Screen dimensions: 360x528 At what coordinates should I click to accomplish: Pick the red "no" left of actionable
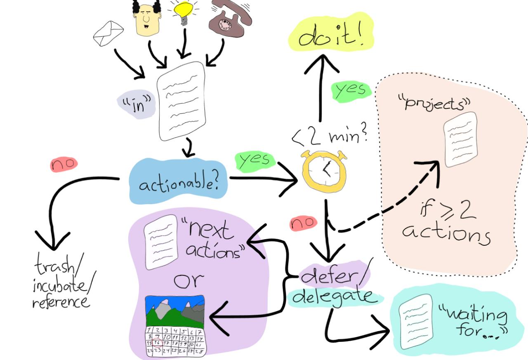[x=64, y=164]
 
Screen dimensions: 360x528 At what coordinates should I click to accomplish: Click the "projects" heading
[x=433, y=102]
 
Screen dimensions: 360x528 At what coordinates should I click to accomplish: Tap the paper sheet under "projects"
[x=460, y=140]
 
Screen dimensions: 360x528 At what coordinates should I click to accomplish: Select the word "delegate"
[x=334, y=296]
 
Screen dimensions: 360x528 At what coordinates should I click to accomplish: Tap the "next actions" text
[x=211, y=240]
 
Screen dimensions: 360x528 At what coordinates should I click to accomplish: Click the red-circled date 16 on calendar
[x=157, y=342]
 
